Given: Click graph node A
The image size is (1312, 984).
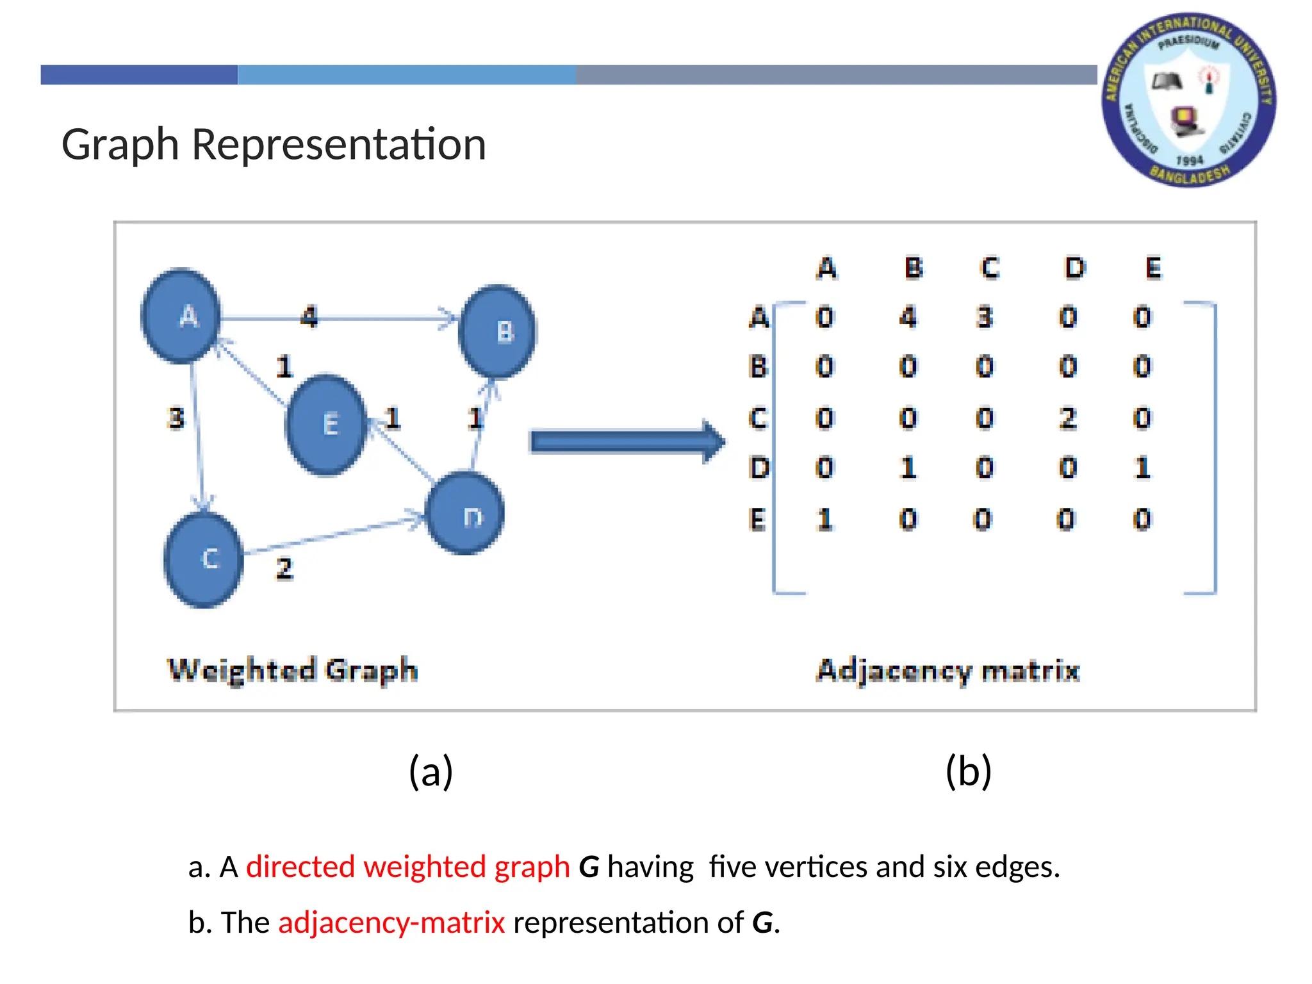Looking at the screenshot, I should pyautogui.click(x=181, y=316).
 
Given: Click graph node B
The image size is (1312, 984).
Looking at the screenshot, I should pyautogui.click(x=498, y=331).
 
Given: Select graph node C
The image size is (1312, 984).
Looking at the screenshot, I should pyautogui.click(x=204, y=559).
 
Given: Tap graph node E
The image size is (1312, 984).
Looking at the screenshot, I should pyautogui.click(x=327, y=424).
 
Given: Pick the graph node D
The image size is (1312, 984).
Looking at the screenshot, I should pyautogui.click(x=466, y=514).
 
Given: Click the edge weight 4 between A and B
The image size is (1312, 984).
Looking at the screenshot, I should pyautogui.click(x=309, y=316).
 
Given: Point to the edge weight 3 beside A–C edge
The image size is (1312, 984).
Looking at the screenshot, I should pyautogui.click(x=176, y=418).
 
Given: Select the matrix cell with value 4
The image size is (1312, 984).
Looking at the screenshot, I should pyautogui.click(x=908, y=317).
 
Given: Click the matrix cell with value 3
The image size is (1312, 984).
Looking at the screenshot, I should pyautogui.click(x=985, y=317).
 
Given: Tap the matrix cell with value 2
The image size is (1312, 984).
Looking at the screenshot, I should pyautogui.click(x=1067, y=418).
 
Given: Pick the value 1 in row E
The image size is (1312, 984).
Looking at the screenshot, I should pyautogui.click(x=825, y=519).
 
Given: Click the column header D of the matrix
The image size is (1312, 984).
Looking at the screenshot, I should pyautogui.click(x=1075, y=268).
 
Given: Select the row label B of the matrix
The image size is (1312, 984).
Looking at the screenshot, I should pyautogui.click(x=758, y=367).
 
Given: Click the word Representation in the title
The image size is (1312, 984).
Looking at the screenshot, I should pyautogui.click(x=339, y=144).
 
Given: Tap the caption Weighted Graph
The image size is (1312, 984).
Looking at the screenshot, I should pyautogui.click(x=293, y=670).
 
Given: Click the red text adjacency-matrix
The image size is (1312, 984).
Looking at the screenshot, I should pyautogui.click(x=391, y=922).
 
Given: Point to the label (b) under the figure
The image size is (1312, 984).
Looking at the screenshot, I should pyautogui.click(x=968, y=771).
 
